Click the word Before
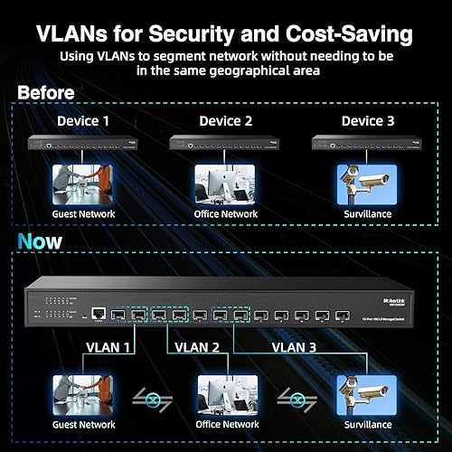[47, 92]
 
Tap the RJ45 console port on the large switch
[96, 315]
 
